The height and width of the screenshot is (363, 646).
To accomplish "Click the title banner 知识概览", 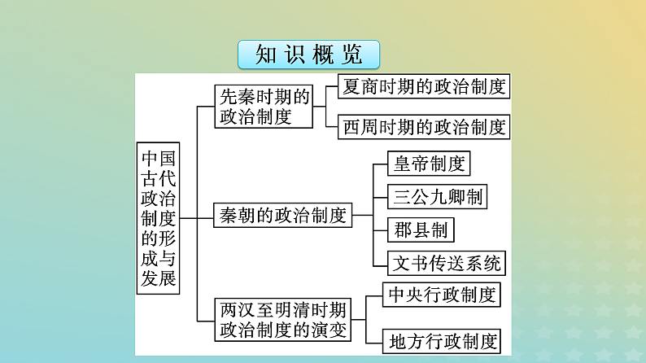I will click(309, 55).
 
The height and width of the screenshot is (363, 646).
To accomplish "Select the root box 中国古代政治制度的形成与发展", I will click(159, 217).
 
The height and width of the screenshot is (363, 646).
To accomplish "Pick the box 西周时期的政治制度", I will click(425, 127).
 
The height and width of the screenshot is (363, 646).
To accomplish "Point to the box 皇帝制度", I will click(430, 164).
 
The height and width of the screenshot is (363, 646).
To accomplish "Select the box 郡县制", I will click(419, 230).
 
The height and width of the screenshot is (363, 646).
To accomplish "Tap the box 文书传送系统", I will click(448, 262).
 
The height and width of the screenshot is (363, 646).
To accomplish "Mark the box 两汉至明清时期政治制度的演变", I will click(282, 319).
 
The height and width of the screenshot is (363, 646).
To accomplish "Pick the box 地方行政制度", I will click(443, 340).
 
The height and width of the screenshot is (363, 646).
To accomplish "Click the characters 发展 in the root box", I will click(159, 279).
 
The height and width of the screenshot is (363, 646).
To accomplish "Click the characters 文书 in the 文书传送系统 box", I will click(412, 262).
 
